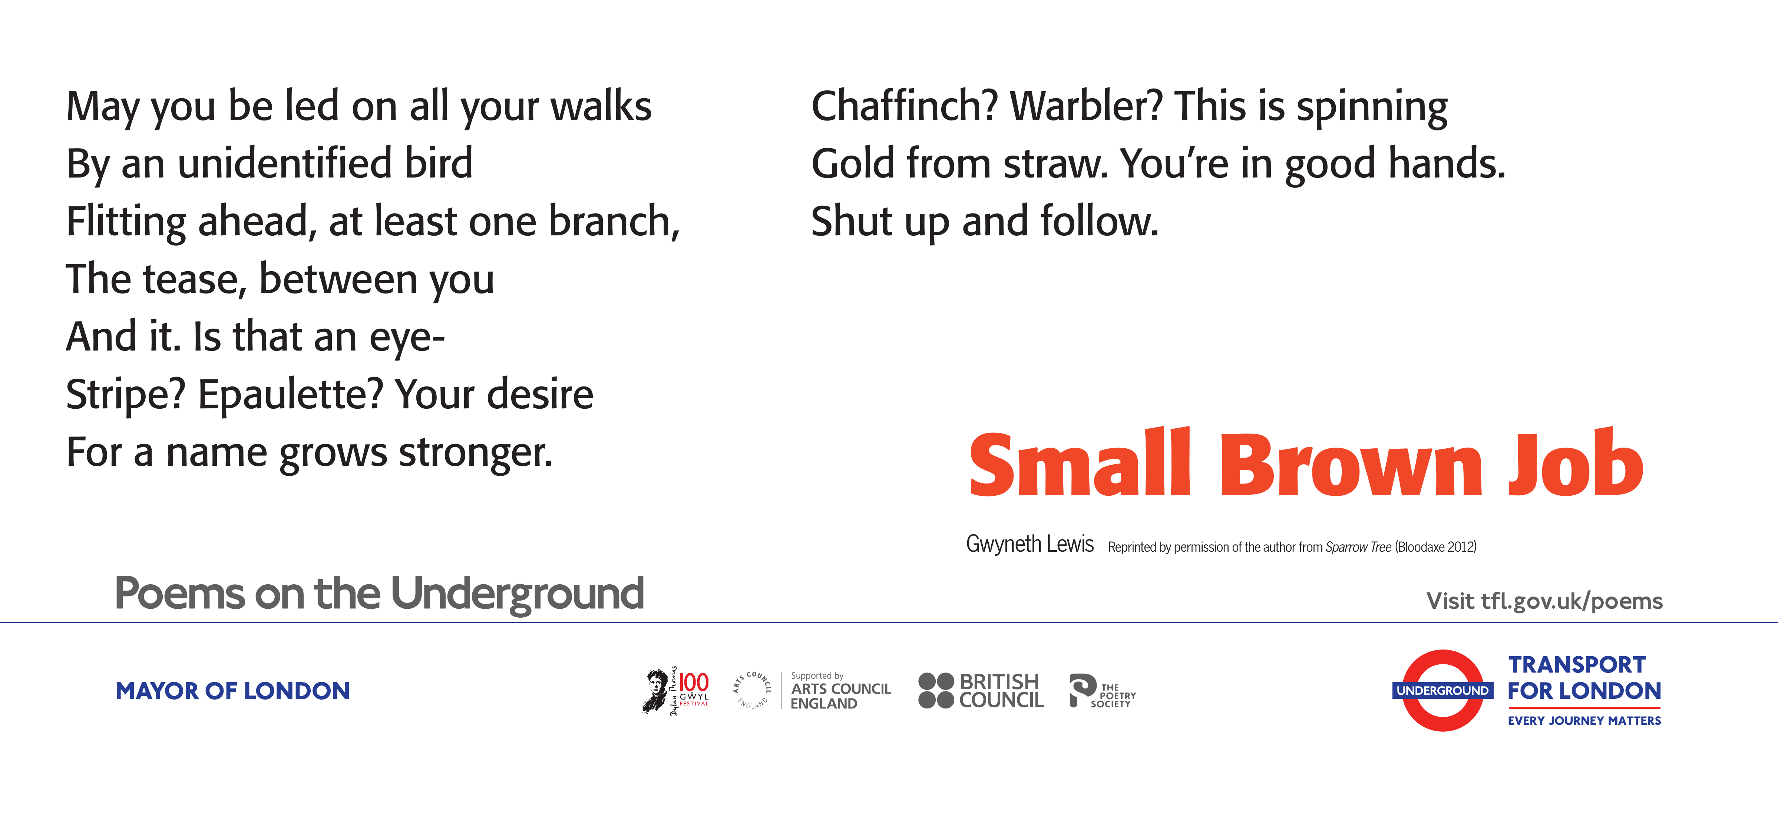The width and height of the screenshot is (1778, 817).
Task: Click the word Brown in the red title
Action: click(1351, 464)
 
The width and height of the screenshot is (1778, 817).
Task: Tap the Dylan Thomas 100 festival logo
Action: click(677, 691)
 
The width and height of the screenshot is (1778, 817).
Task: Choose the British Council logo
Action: click(981, 691)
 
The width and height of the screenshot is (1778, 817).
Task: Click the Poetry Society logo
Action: click(1102, 691)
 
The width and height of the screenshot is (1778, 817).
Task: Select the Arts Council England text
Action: click(841, 696)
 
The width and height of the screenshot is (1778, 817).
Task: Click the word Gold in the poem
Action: click(853, 164)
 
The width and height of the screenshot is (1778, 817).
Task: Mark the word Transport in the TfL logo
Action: click(1577, 664)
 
